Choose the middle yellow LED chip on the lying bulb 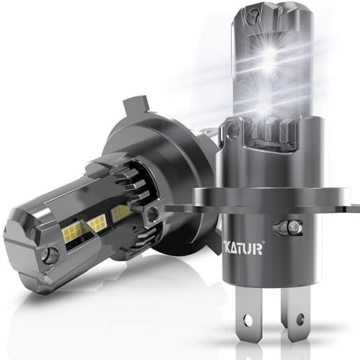coord(96,222)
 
